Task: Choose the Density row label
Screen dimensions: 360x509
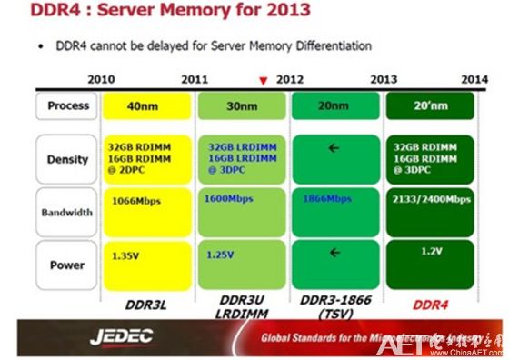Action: [68, 159]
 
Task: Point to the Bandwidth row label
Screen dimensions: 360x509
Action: [68, 213]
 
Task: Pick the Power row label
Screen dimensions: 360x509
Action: [69, 265]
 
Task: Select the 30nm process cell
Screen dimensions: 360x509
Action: [242, 107]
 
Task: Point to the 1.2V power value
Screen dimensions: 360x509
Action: [434, 250]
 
